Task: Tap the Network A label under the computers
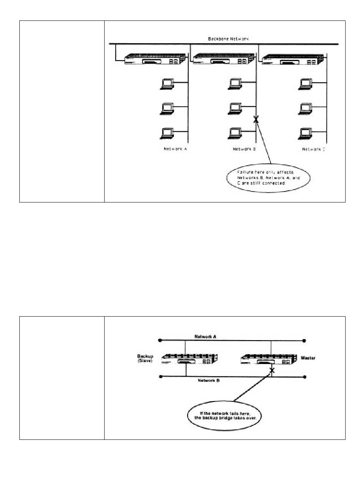[175, 149]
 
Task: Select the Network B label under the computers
[244, 149]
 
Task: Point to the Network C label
[313, 149]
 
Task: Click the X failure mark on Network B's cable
[256, 120]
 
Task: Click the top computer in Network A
[166, 84]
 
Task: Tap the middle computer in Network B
[235, 109]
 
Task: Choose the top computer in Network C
[305, 84]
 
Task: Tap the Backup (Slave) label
[145, 359]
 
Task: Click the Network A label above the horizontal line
[205, 336]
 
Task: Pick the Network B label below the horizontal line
[209, 380]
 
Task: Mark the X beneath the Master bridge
[272, 370]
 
